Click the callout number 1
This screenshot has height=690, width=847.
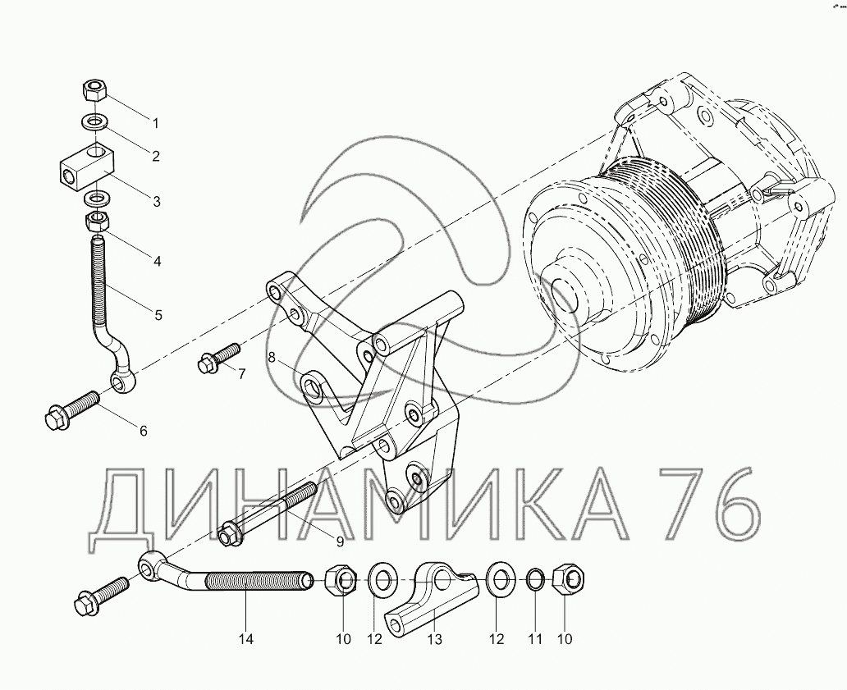[x=156, y=124]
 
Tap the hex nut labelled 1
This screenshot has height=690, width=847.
[x=94, y=89]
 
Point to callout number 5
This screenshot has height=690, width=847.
[x=158, y=315]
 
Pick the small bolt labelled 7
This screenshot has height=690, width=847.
[x=219, y=357]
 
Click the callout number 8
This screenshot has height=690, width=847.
[x=272, y=357]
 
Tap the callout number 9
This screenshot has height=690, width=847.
[x=340, y=541]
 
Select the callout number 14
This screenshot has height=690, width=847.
[x=245, y=639]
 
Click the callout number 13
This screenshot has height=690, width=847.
[x=435, y=639]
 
